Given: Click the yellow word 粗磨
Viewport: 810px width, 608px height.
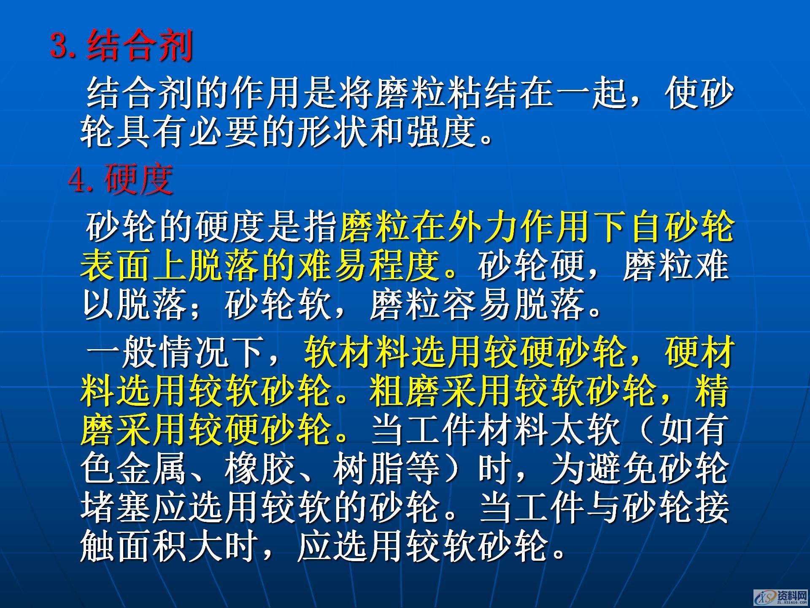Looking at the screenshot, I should click(405, 391).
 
